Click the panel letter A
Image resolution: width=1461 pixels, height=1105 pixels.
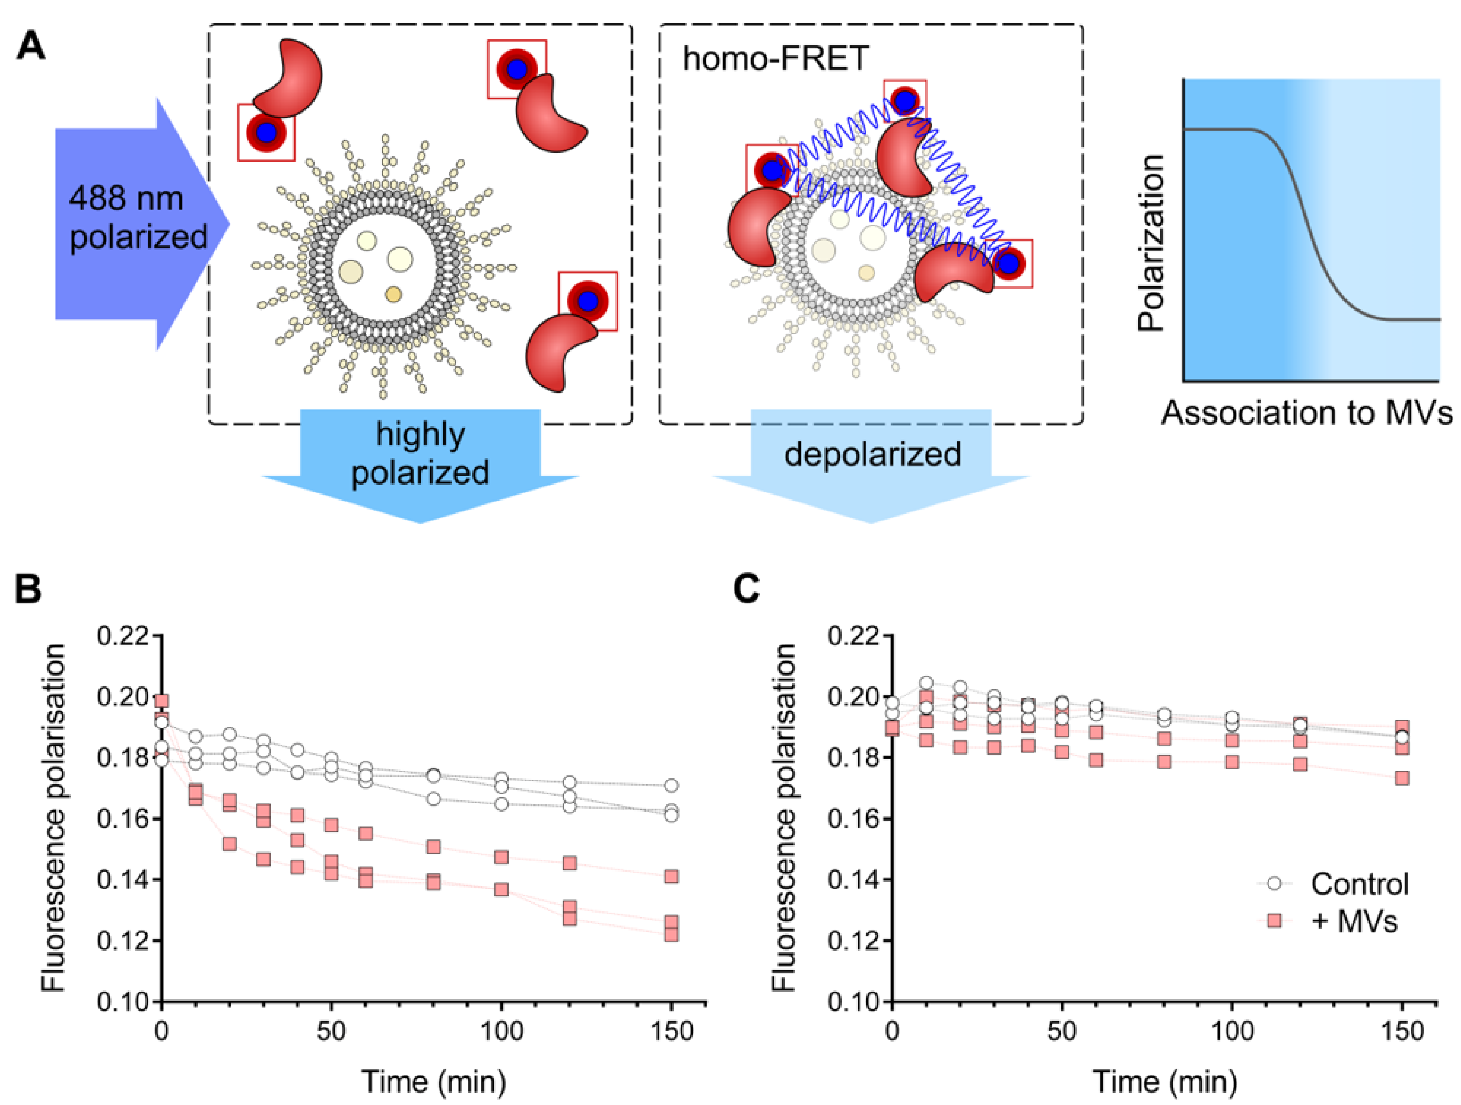click(31, 47)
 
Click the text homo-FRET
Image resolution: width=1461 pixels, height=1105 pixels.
click(775, 58)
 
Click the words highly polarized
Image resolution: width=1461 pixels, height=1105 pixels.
click(420, 453)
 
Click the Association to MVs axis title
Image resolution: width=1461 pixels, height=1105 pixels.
click(1306, 413)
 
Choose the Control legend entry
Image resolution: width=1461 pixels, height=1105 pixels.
click(1359, 884)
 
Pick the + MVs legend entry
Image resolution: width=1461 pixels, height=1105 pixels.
click(1354, 921)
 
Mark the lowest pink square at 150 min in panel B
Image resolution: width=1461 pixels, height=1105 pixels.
click(671, 933)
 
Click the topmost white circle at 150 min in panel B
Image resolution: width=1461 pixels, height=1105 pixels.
click(671, 785)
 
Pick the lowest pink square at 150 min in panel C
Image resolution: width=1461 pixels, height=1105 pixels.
click(1402, 778)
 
